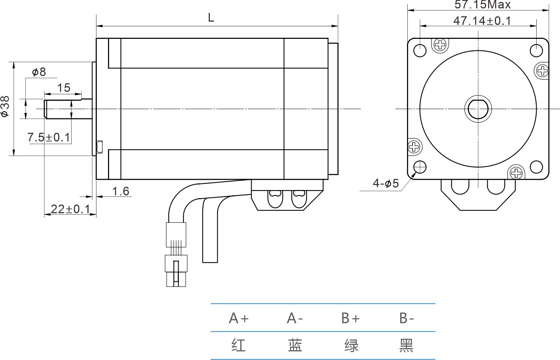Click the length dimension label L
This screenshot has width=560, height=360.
coord(211,17)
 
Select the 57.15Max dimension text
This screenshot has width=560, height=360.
coord(482,5)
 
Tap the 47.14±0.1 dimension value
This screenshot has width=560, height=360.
coord(482,21)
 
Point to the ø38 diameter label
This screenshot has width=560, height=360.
coord(5,106)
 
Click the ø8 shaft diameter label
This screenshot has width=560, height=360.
coord(39,72)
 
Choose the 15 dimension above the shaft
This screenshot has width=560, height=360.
coord(64,87)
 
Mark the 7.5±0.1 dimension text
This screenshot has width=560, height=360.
coord(49,137)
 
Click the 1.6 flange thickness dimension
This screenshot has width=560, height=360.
coord(121,191)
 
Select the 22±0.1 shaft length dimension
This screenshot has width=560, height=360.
coord(70,209)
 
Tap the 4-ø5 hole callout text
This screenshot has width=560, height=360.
coord(386,183)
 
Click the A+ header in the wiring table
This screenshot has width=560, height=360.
coord(239,318)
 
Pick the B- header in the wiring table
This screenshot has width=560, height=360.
coord(407,318)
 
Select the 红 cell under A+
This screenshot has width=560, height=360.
coord(239,345)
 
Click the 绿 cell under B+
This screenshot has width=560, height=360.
coord(351,345)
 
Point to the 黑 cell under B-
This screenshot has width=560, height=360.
coord(407,345)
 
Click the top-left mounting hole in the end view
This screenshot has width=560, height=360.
coord(420,50)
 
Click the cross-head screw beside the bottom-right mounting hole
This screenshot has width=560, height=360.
coord(516,173)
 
